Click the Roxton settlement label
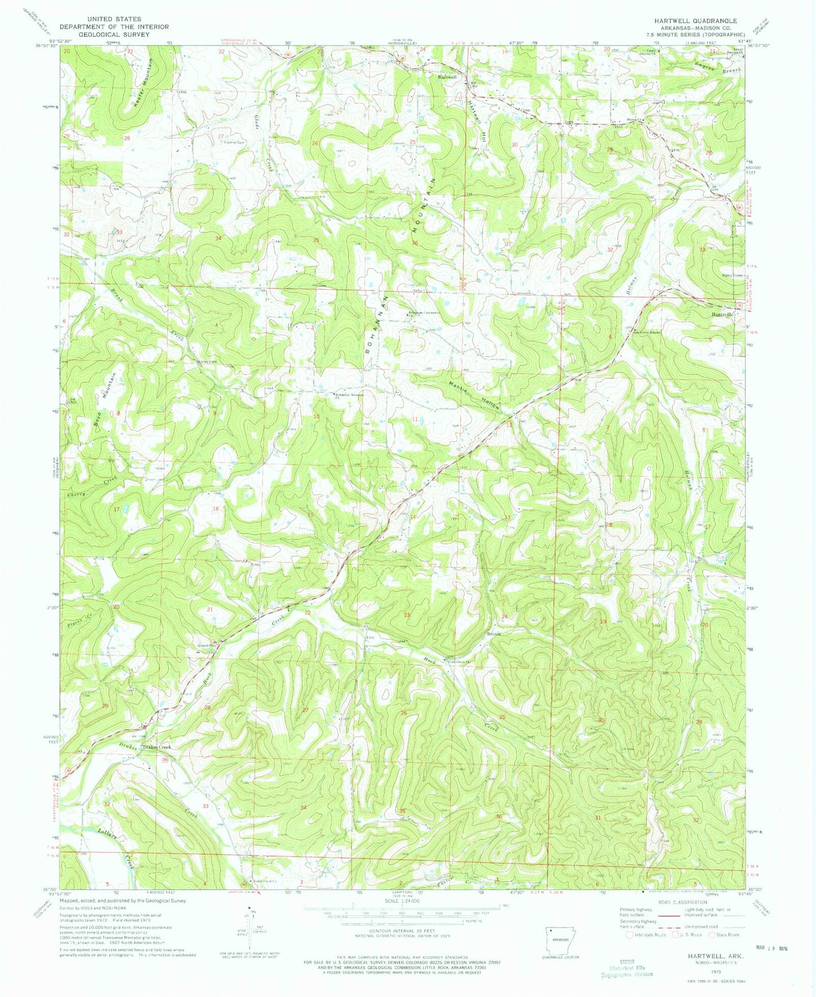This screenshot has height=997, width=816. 494,634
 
